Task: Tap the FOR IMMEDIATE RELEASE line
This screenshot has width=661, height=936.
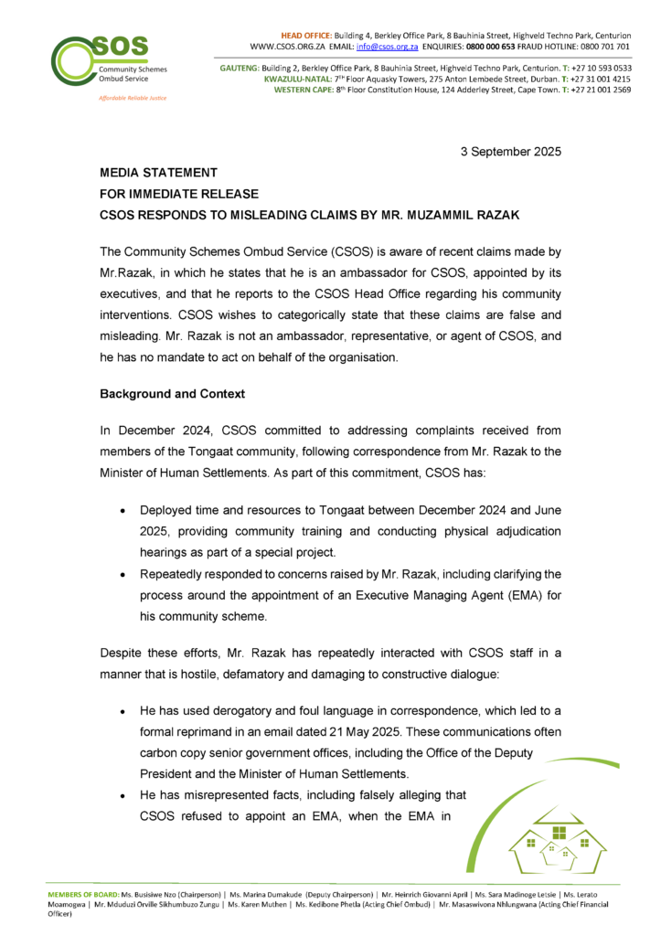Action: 179,194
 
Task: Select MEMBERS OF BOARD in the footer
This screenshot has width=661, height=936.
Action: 84,891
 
